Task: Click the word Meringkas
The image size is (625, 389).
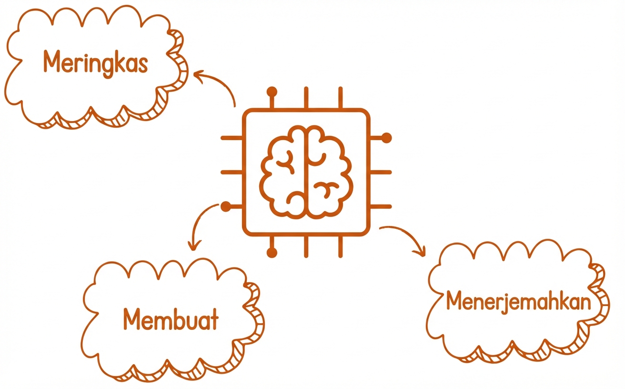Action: click(95, 63)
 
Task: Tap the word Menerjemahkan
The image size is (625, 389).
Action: click(518, 302)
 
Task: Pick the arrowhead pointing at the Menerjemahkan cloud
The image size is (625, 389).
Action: click(421, 252)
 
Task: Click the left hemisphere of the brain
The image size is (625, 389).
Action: click(282, 172)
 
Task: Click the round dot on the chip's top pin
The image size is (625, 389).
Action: click(272, 92)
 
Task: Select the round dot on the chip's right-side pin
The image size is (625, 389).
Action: click(386, 138)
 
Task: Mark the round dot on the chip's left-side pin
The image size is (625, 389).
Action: click(226, 206)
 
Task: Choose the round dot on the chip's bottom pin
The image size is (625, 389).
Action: click(272, 253)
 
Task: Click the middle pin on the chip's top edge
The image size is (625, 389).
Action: click(306, 97)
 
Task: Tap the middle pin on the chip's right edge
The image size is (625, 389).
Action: click(381, 172)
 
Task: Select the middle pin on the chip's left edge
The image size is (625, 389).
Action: click(232, 172)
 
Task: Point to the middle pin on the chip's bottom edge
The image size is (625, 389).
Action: click(306, 246)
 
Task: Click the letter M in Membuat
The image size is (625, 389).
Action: click(131, 319)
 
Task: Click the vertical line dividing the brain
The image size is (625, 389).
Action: click(306, 172)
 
